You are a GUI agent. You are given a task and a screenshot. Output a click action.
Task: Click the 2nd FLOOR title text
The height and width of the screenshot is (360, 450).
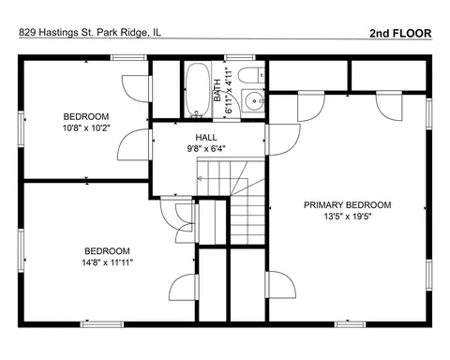pyautogui.click(x=400, y=33)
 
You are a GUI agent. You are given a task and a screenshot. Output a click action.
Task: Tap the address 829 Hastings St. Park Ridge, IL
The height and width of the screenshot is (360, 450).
pyautogui.click(x=90, y=32)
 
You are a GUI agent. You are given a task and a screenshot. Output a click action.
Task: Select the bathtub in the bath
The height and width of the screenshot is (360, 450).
pyautogui.click(x=198, y=90)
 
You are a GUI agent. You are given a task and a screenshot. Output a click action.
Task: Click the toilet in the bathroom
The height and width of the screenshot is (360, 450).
pyautogui.click(x=251, y=75)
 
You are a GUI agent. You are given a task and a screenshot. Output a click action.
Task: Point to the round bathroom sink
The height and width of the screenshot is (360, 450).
pyautogui.click(x=254, y=101)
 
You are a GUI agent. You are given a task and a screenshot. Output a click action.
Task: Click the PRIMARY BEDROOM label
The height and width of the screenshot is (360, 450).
pyautogui.click(x=348, y=205)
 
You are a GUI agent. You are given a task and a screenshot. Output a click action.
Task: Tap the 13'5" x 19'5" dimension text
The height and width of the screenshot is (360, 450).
pyautogui.click(x=348, y=217)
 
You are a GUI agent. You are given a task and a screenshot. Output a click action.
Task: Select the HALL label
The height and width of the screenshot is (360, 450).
pyautogui.click(x=206, y=137)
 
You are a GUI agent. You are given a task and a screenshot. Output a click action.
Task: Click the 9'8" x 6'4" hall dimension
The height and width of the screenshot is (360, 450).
pyautogui.click(x=206, y=149)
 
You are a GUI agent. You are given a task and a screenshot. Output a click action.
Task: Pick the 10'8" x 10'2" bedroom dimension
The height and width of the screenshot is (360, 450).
pyautogui.click(x=86, y=128)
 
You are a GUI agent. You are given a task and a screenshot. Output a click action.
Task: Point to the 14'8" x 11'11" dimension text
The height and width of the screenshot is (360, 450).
pyautogui.click(x=108, y=262)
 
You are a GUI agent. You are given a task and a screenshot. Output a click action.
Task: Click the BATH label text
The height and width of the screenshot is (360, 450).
pyautogui.click(x=217, y=90)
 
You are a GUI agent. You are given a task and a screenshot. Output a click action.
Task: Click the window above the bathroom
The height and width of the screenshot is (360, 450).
pyautogui.click(x=240, y=57)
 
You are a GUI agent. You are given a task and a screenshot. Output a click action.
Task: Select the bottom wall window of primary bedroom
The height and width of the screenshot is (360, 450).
pyautogui.click(x=350, y=324)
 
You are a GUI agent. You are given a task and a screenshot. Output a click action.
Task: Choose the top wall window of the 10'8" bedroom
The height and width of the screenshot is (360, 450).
pyautogui.click(x=128, y=57)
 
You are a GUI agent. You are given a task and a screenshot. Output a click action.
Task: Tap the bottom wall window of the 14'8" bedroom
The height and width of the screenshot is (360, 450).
pyautogui.click(x=102, y=324)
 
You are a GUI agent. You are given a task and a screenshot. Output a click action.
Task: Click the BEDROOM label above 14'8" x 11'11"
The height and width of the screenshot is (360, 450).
pyautogui.click(x=107, y=251)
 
